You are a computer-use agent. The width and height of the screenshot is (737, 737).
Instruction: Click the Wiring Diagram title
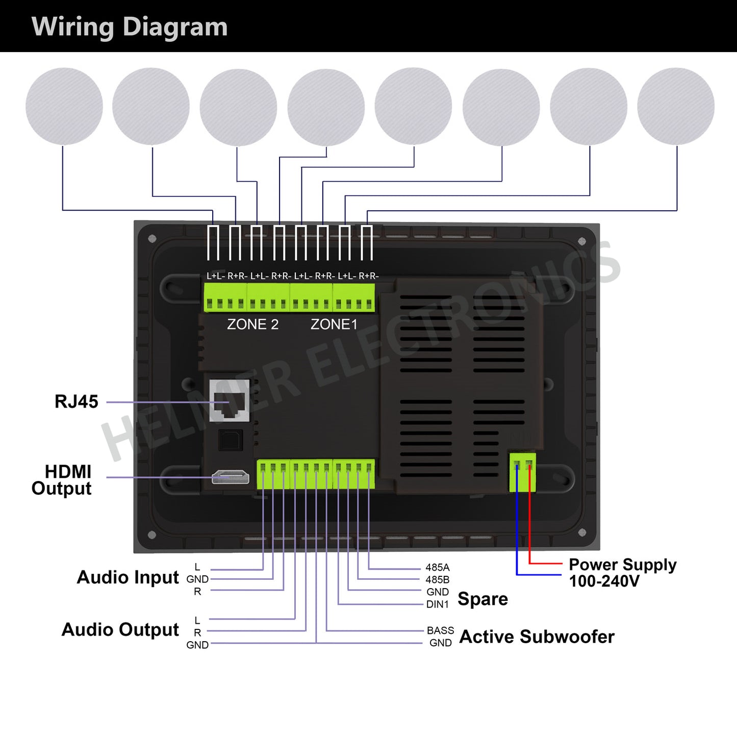[130, 27]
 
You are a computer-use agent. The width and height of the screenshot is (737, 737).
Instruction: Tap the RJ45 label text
[76, 401]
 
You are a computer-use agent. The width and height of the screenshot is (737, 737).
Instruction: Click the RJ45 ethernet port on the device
[230, 400]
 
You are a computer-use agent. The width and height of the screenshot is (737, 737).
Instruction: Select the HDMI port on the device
[231, 477]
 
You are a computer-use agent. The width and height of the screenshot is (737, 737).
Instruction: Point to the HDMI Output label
[62, 480]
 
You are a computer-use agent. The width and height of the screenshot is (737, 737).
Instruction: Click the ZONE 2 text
[252, 324]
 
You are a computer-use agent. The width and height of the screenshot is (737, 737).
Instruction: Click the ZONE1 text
[334, 324]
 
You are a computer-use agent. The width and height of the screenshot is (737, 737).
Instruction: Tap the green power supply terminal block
[523, 472]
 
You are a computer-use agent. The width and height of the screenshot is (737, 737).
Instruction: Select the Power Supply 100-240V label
[622, 573]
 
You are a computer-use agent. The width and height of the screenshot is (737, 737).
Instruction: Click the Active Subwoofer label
[537, 637]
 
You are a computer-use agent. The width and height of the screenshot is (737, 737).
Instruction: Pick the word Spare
[482, 599]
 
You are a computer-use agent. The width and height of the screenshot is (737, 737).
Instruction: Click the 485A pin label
[438, 568]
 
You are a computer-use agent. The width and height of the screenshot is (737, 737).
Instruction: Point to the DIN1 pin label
[438, 604]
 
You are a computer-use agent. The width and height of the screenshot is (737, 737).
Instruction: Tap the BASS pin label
[440, 631]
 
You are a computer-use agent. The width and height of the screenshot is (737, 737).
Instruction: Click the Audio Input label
[128, 577]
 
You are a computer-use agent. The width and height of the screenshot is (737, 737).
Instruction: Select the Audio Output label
[120, 630]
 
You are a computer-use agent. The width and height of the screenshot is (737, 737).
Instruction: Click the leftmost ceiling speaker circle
[64, 106]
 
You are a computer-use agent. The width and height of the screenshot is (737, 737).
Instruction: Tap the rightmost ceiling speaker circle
[676, 106]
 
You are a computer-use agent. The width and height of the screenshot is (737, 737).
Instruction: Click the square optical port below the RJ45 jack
[231, 440]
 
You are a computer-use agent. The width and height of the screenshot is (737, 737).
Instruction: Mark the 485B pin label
[438, 580]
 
